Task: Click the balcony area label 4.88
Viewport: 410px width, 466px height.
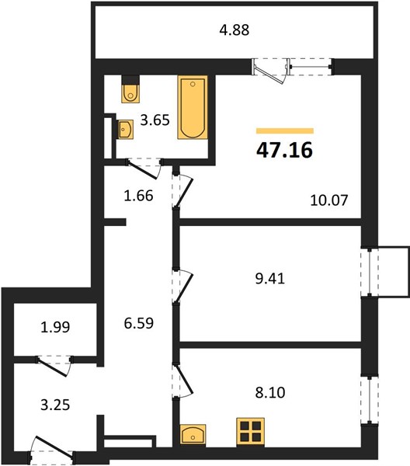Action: (234, 30)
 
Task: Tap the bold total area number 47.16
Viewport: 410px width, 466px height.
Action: (285, 150)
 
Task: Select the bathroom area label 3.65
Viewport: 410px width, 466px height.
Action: (155, 120)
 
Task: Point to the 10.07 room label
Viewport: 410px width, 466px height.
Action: (329, 200)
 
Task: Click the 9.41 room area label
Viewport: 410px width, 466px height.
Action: (270, 279)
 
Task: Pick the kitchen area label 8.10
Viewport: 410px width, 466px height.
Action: (270, 392)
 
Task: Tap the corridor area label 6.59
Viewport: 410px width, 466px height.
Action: (139, 323)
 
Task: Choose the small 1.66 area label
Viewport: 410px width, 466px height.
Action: (138, 196)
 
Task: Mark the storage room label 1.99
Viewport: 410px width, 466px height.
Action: (55, 327)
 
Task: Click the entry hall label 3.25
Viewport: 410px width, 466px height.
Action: (55, 405)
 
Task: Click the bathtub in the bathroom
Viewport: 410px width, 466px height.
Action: (193, 107)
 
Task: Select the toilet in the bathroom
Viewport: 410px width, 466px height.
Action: (130, 89)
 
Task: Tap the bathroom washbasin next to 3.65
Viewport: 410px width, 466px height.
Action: (125, 129)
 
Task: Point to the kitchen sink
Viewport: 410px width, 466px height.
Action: (193, 434)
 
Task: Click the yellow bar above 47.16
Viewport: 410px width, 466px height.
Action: (285, 131)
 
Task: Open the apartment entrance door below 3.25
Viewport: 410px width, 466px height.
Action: (51, 450)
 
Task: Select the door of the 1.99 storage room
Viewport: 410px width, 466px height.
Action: (54, 365)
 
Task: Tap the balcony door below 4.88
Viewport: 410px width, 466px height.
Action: (271, 70)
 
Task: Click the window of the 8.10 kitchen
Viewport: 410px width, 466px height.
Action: (370, 400)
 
